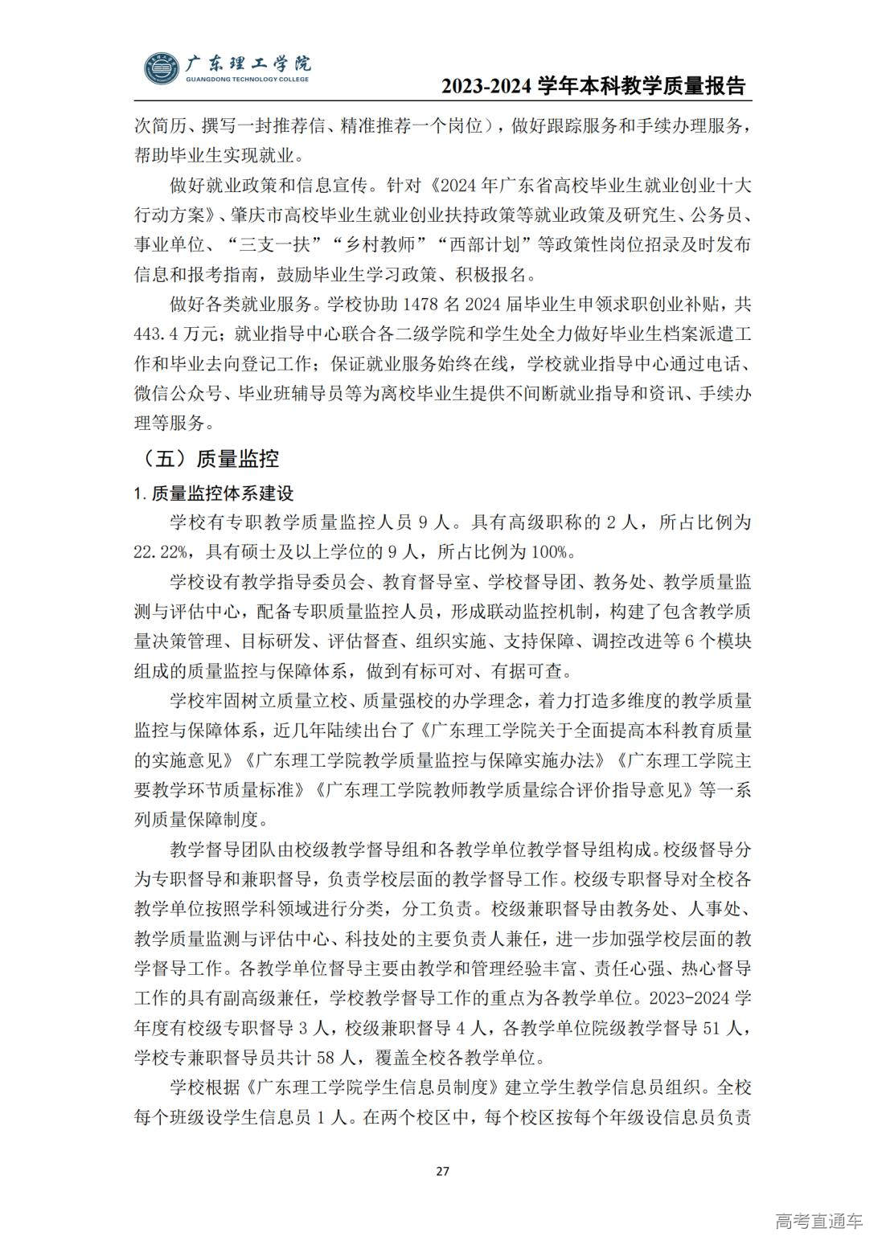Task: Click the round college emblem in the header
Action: [163, 68]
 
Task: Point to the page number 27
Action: [442, 1170]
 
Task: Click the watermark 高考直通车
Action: [818, 1222]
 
